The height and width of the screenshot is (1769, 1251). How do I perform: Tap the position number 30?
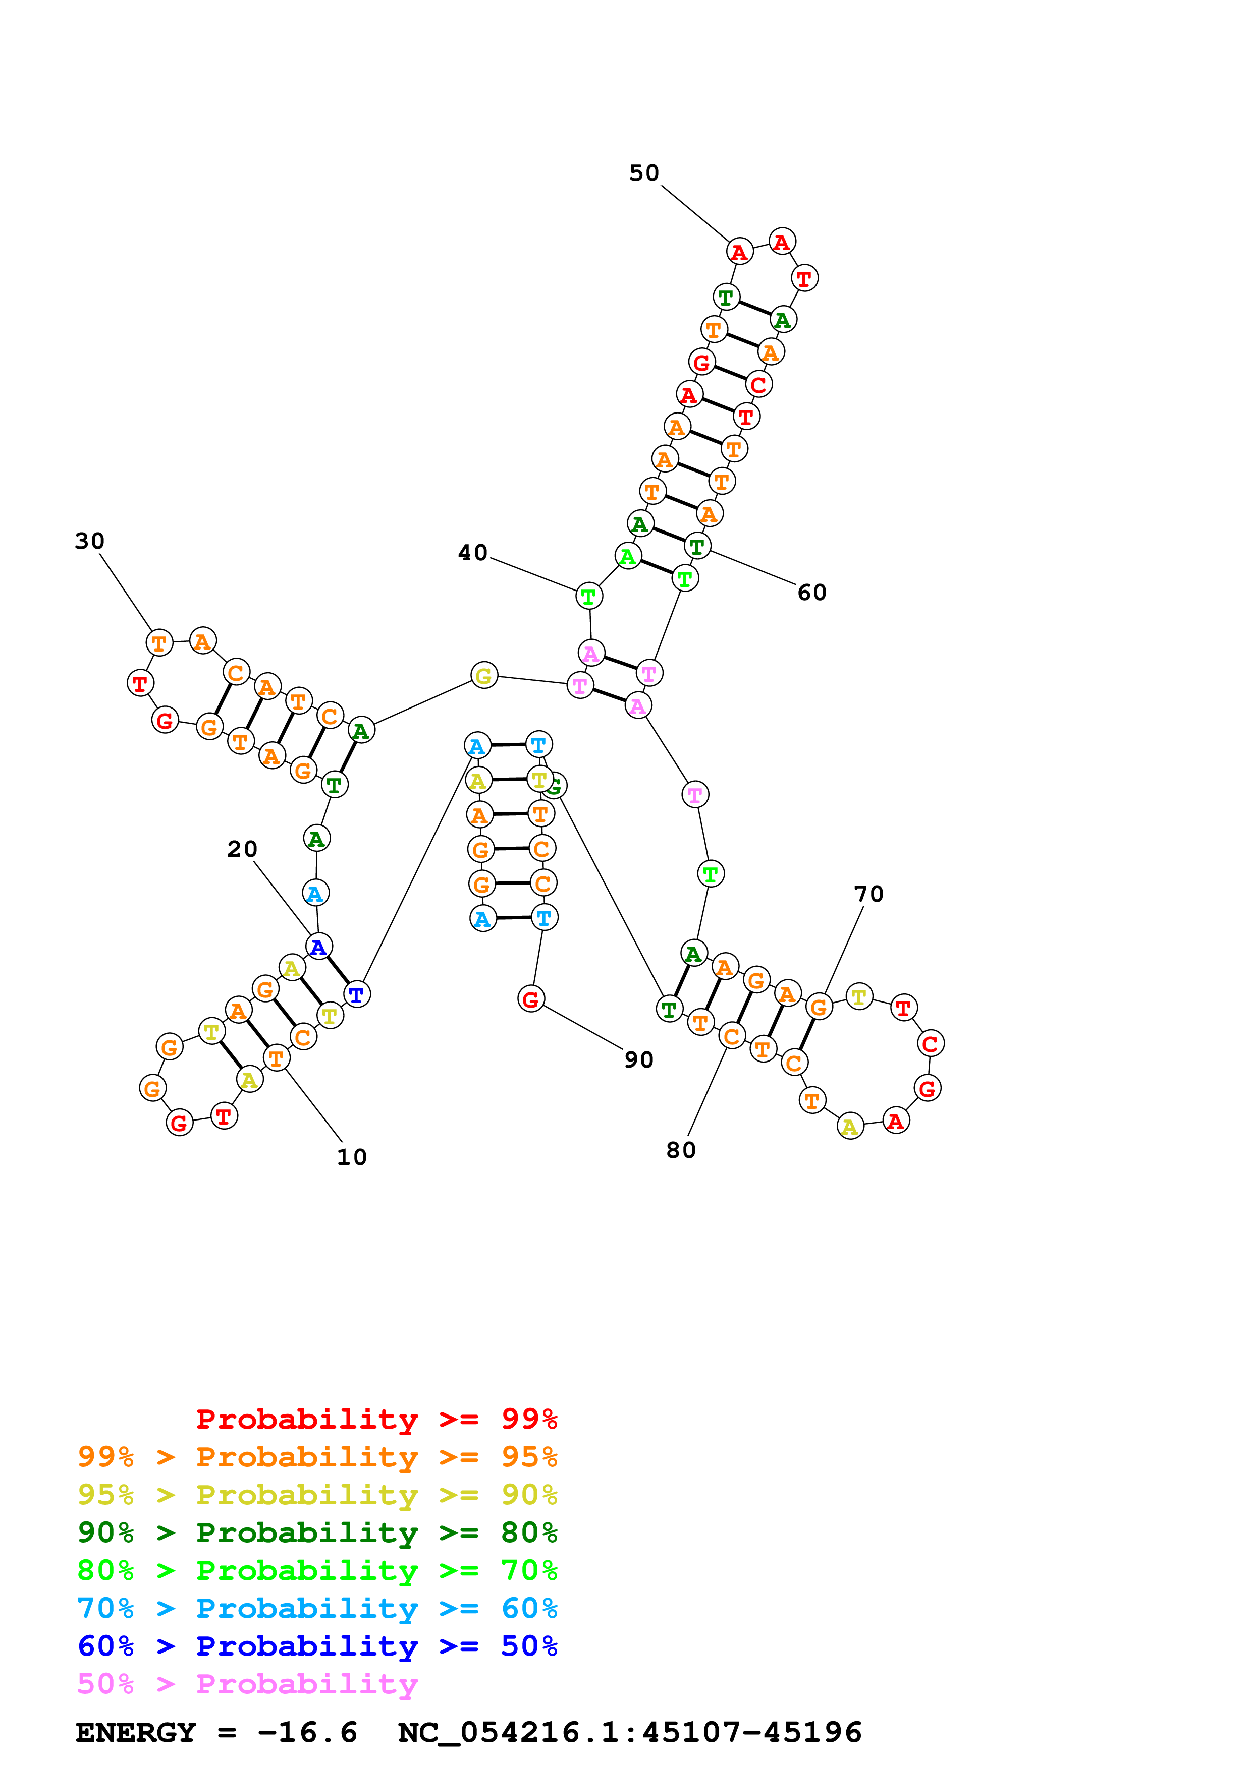[x=89, y=541]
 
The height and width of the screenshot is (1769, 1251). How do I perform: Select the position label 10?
[x=352, y=1157]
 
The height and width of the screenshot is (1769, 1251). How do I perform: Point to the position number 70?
[x=868, y=894]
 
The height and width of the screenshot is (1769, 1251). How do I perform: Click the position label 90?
[x=638, y=1060]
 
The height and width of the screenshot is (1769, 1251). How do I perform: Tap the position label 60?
[x=811, y=593]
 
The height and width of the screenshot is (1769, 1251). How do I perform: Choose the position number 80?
[x=681, y=1150]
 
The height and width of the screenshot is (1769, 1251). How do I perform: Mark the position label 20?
[x=242, y=849]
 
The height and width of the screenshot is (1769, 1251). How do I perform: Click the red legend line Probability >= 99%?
[x=376, y=1419]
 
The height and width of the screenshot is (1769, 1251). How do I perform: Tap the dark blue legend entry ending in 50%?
[x=317, y=1646]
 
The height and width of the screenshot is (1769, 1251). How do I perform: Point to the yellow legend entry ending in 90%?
[x=317, y=1495]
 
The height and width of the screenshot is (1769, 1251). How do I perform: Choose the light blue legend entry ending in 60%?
[x=317, y=1608]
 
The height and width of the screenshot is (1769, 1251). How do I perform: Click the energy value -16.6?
[x=307, y=1733]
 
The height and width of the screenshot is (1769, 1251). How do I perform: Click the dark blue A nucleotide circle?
[x=318, y=947]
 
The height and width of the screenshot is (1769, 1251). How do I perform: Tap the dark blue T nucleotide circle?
[x=356, y=994]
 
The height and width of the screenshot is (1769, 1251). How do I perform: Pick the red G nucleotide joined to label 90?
[x=530, y=999]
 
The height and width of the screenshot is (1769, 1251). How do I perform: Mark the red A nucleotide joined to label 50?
[x=739, y=251]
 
